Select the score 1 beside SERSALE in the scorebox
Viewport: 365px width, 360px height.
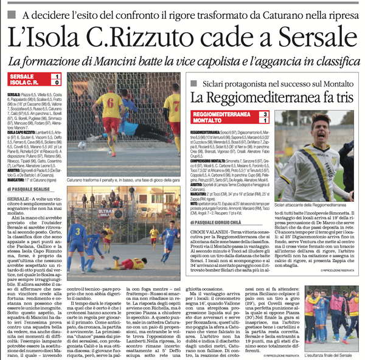click(57, 75)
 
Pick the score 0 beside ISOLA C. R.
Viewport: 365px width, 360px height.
click(57, 82)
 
